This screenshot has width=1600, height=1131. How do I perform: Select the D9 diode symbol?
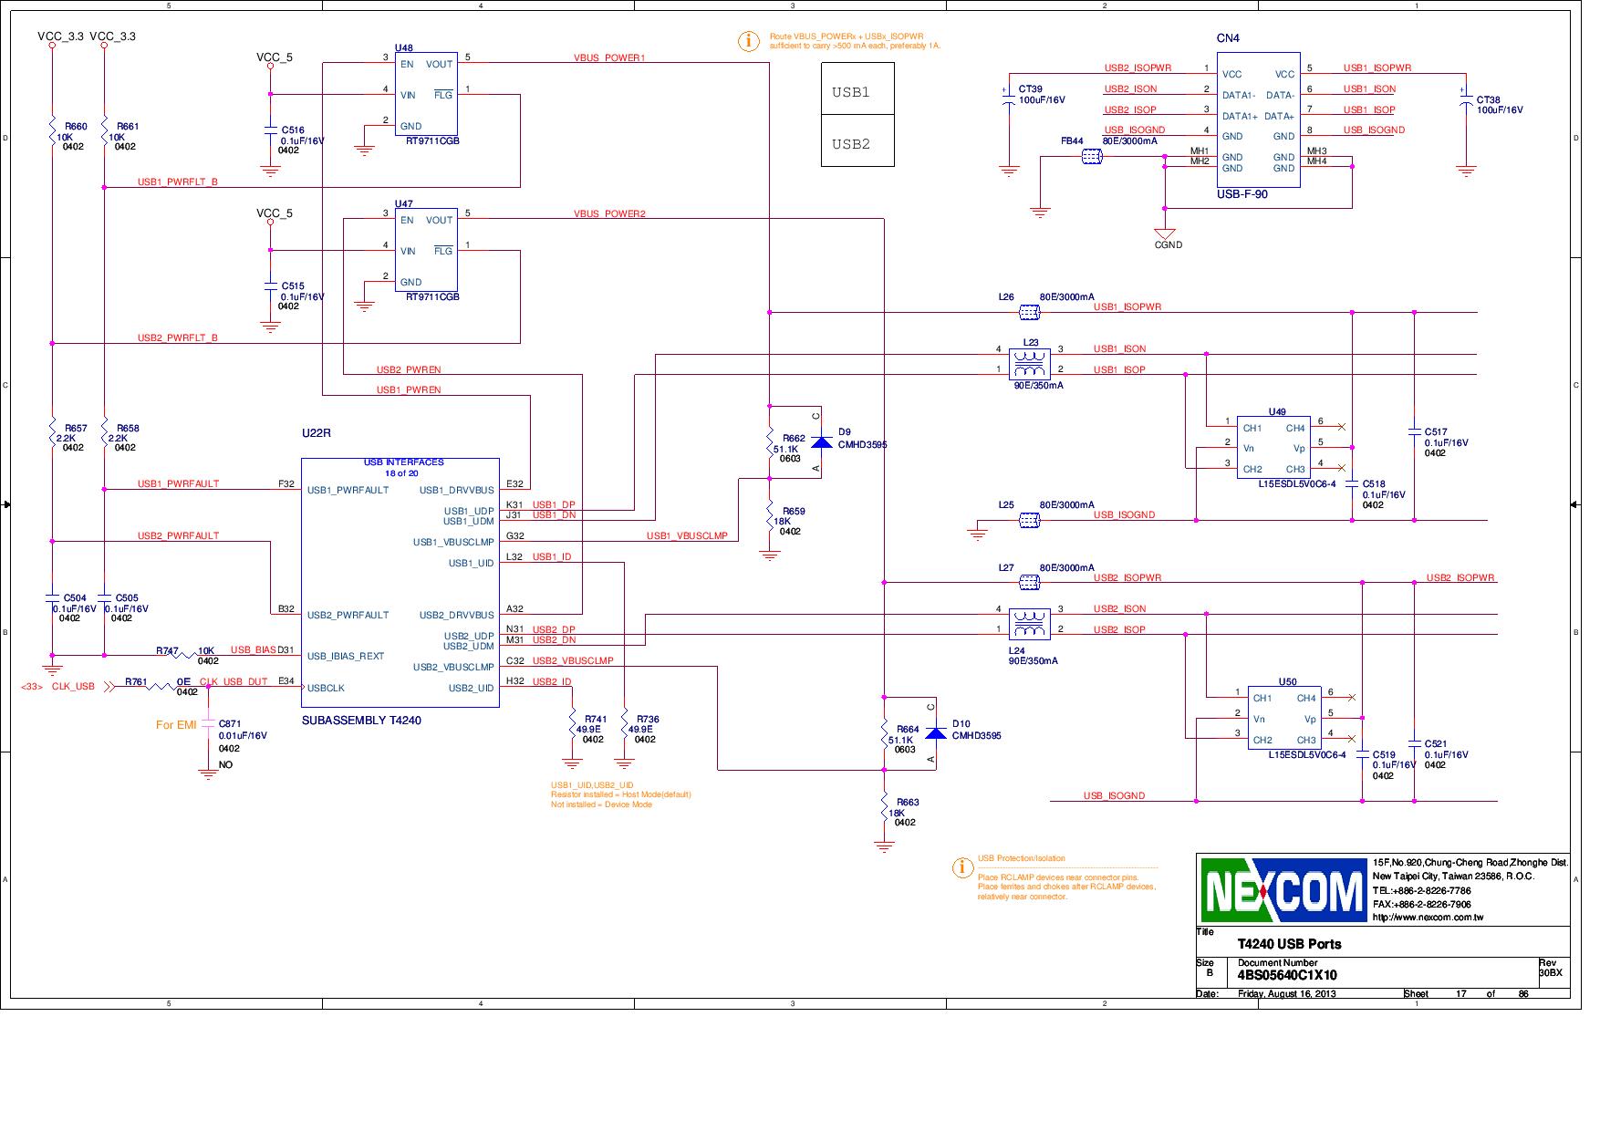[821, 442]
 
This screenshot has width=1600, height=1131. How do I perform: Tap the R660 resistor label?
[76, 127]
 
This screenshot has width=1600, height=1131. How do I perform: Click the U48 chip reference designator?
[403, 47]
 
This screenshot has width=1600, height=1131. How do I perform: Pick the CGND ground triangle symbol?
[1165, 234]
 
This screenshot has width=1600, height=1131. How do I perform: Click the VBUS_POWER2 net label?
[609, 213]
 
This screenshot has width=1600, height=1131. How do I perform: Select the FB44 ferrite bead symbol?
[1091, 157]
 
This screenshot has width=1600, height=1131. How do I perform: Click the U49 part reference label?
[1277, 412]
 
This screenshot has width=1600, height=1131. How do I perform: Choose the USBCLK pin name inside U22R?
[326, 689]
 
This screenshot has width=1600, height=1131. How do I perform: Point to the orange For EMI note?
[176, 725]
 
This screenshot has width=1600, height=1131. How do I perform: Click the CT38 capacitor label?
[1488, 99]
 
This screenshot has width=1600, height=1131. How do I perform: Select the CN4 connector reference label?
[1228, 38]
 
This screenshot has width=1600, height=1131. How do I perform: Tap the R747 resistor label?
[167, 651]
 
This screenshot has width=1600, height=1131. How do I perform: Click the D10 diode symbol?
[935, 733]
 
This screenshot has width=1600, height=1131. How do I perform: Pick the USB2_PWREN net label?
[409, 369]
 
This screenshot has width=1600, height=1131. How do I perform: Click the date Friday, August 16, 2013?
[1286, 993]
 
